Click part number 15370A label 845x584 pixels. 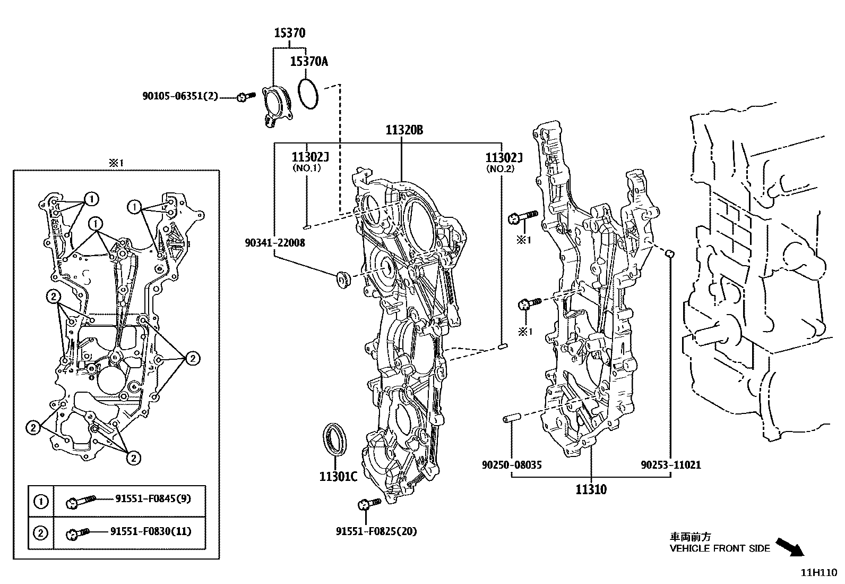(309, 62)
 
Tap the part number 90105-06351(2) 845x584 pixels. (180, 96)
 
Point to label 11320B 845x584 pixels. (404, 130)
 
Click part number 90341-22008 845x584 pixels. (275, 243)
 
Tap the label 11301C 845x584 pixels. (338, 477)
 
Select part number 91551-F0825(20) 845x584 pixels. (376, 531)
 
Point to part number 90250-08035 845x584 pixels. (512, 464)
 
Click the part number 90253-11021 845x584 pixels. (670, 464)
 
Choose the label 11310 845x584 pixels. (591, 489)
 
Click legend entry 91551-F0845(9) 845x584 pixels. (153, 498)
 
